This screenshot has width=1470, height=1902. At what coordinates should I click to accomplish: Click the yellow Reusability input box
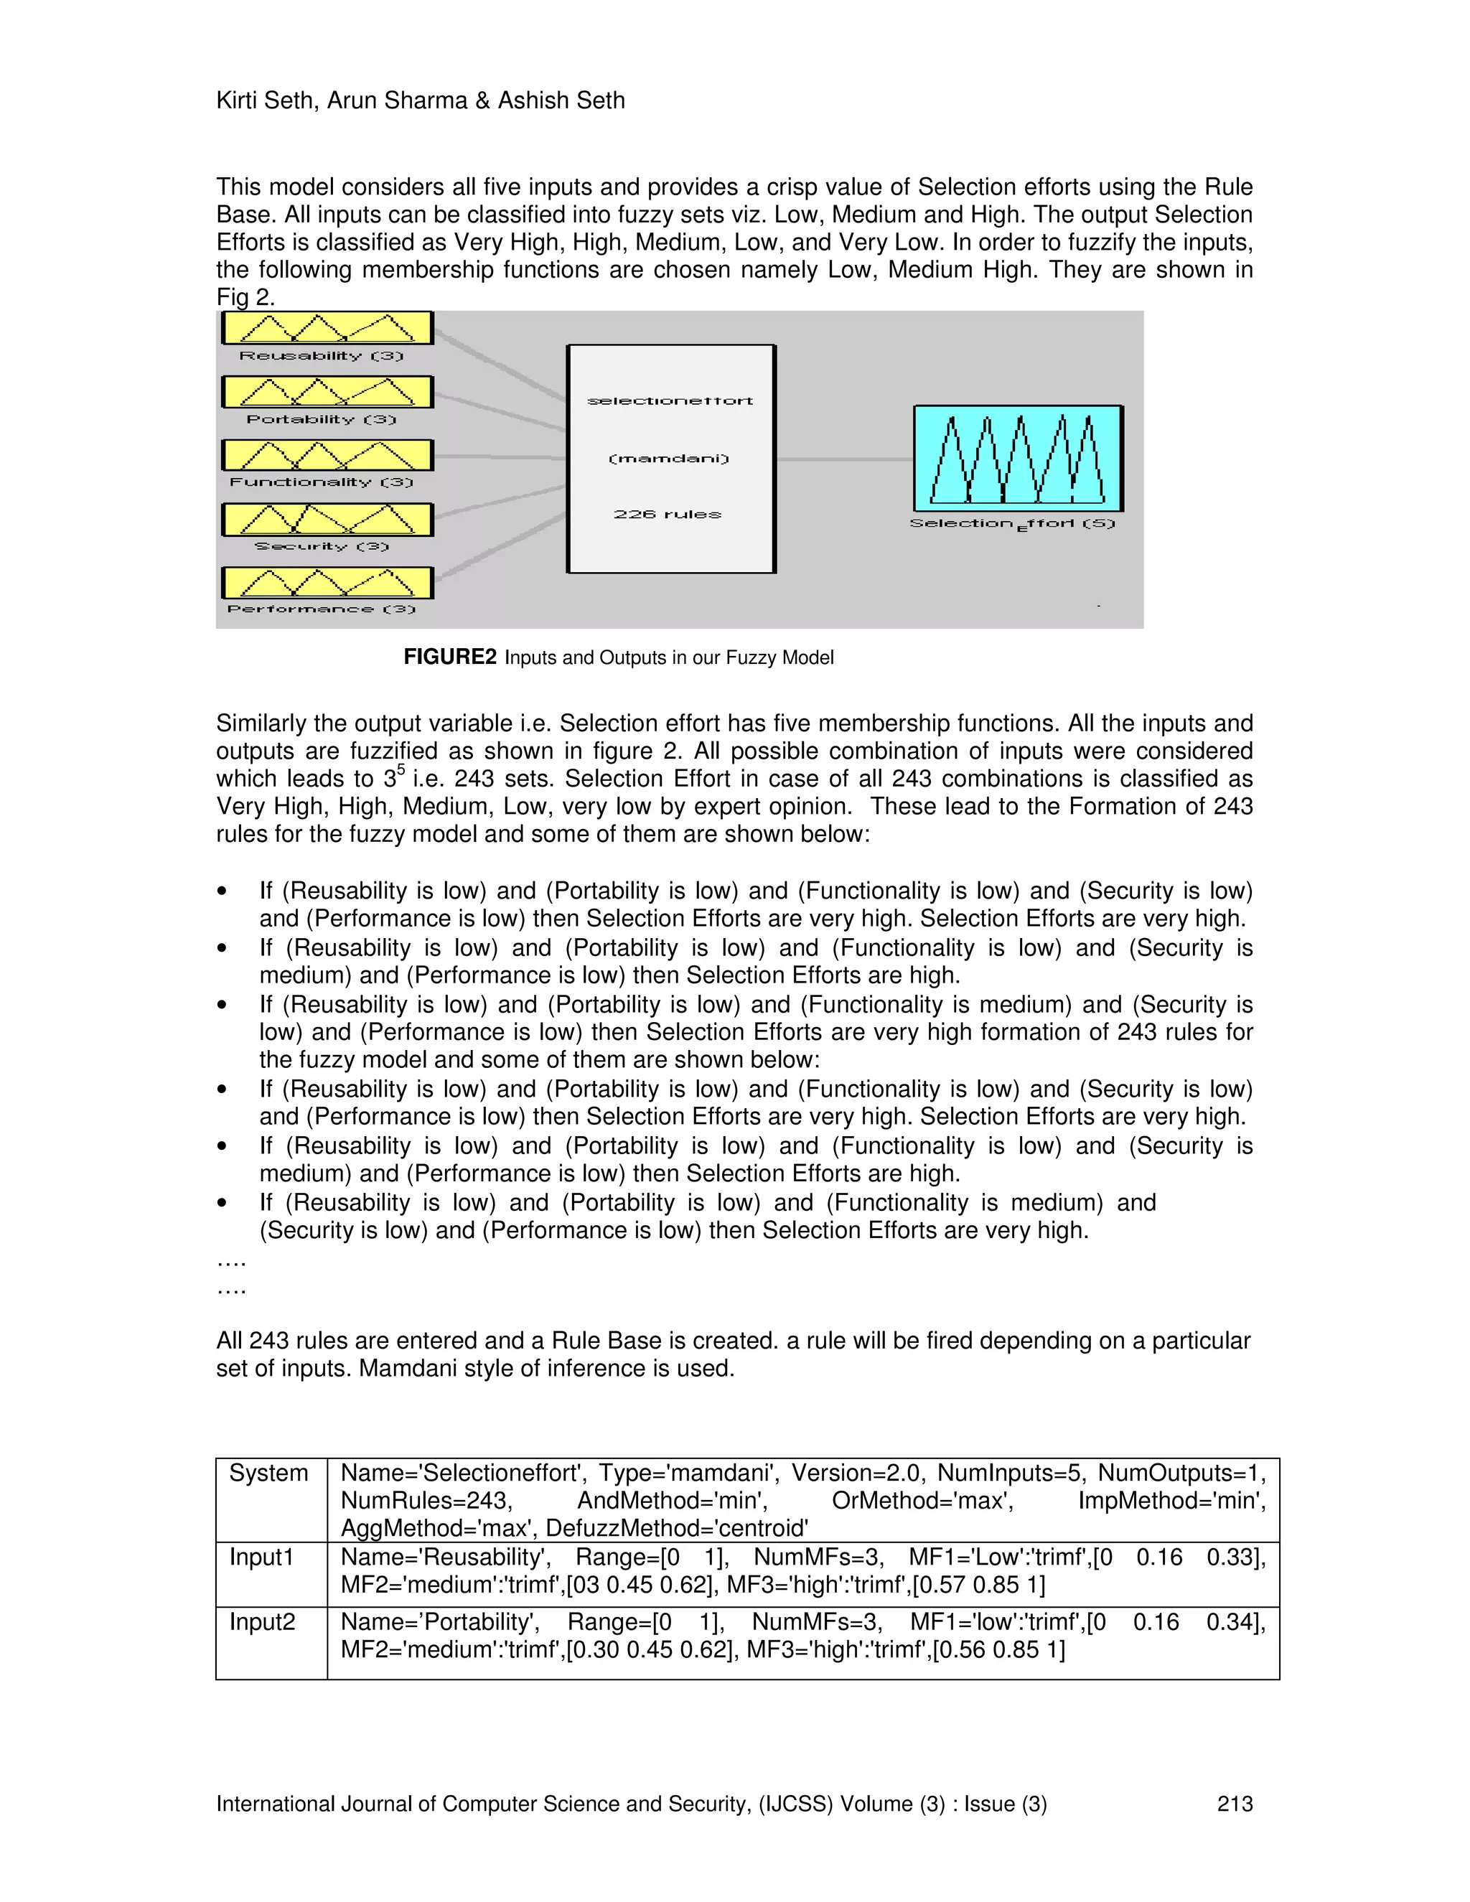click(x=327, y=328)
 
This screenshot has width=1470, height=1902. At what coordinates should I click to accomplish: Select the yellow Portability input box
click(x=327, y=392)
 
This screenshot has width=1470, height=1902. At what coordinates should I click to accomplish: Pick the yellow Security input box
click(x=327, y=520)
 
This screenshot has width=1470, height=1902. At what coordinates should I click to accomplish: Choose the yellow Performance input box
click(x=327, y=583)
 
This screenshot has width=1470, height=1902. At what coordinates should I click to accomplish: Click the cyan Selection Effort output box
click(x=1017, y=458)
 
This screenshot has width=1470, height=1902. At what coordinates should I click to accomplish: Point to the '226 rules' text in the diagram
click(x=668, y=515)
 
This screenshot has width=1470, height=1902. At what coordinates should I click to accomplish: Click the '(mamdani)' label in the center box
click(x=669, y=458)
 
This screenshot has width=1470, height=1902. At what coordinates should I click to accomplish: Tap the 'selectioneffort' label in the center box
click(x=670, y=400)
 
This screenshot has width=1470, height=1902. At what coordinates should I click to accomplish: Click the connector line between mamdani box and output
click(x=843, y=459)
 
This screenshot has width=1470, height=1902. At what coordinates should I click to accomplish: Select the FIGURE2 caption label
click(x=449, y=657)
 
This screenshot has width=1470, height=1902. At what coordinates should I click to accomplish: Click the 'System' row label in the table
click(x=268, y=1473)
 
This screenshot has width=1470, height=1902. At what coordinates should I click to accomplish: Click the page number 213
click(x=1234, y=1804)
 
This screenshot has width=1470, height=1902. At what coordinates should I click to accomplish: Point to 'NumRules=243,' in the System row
click(x=426, y=1501)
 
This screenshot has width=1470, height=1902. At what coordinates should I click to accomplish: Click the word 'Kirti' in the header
click(x=237, y=101)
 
